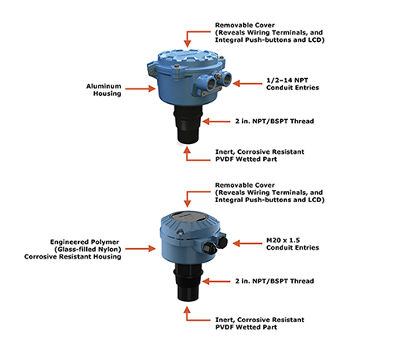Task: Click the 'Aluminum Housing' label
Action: click(104, 90)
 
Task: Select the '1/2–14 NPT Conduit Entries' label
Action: click(293, 84)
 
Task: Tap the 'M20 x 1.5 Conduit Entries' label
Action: click(293, 244)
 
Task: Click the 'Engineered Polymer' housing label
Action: click(84, 242)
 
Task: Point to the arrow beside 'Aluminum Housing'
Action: click(140, 89)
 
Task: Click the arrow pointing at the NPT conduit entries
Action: click(247, 84)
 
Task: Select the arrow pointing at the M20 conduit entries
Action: click(247, 243)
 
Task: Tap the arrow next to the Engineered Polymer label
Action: click(140, 249)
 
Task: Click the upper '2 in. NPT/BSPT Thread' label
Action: click(274, 122)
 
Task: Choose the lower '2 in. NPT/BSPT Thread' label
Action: click(274, 281)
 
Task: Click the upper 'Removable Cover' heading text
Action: click(245, 25)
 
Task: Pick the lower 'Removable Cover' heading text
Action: click(245, 185)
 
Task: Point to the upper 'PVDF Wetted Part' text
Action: click(246, 159)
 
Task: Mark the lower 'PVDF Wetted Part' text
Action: click(246, 327)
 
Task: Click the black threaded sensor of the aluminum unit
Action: click(188, 124)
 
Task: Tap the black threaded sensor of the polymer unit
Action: click(188, 283)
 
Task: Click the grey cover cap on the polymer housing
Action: click(187, 217)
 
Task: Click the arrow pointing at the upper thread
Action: click(216, 122)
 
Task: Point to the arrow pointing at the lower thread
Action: click(216, 281)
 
